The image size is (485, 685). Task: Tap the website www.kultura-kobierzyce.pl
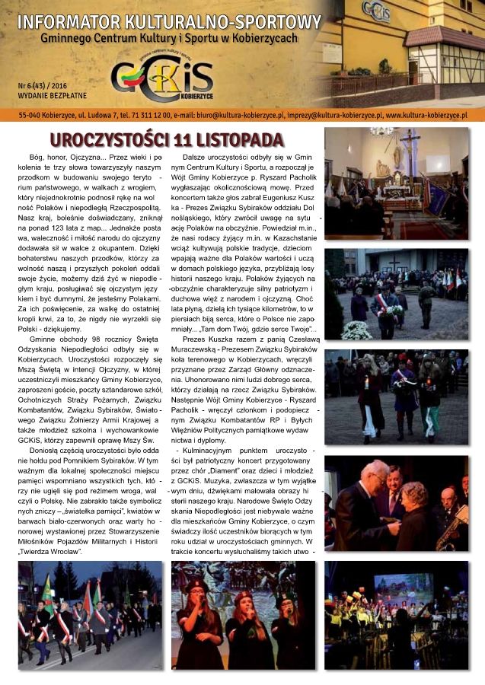pos(426,116)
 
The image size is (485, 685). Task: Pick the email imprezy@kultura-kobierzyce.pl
pos(331,116)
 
